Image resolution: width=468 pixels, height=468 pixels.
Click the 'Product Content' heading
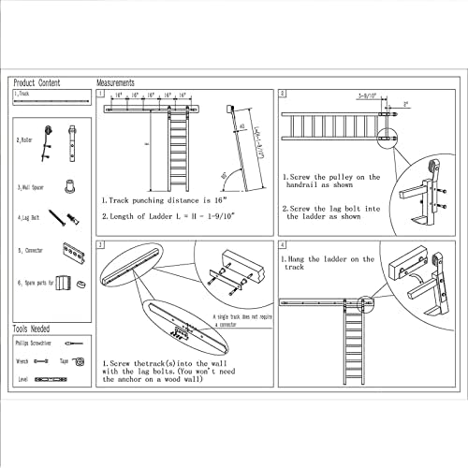pyautogui.click(x=37, y=82)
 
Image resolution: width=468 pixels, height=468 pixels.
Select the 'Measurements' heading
pyautogui.click(x=116, y=82)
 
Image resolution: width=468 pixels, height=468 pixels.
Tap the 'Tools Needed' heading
pyautogui.click(x=33, y=330)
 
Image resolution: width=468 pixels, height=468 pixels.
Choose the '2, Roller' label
pyautogui.click(x=25, y=139)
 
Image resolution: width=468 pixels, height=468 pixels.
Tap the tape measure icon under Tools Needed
pyautogui.click(x=80, y=360)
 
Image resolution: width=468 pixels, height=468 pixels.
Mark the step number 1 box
pyautogui.click(x=100, y=95)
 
